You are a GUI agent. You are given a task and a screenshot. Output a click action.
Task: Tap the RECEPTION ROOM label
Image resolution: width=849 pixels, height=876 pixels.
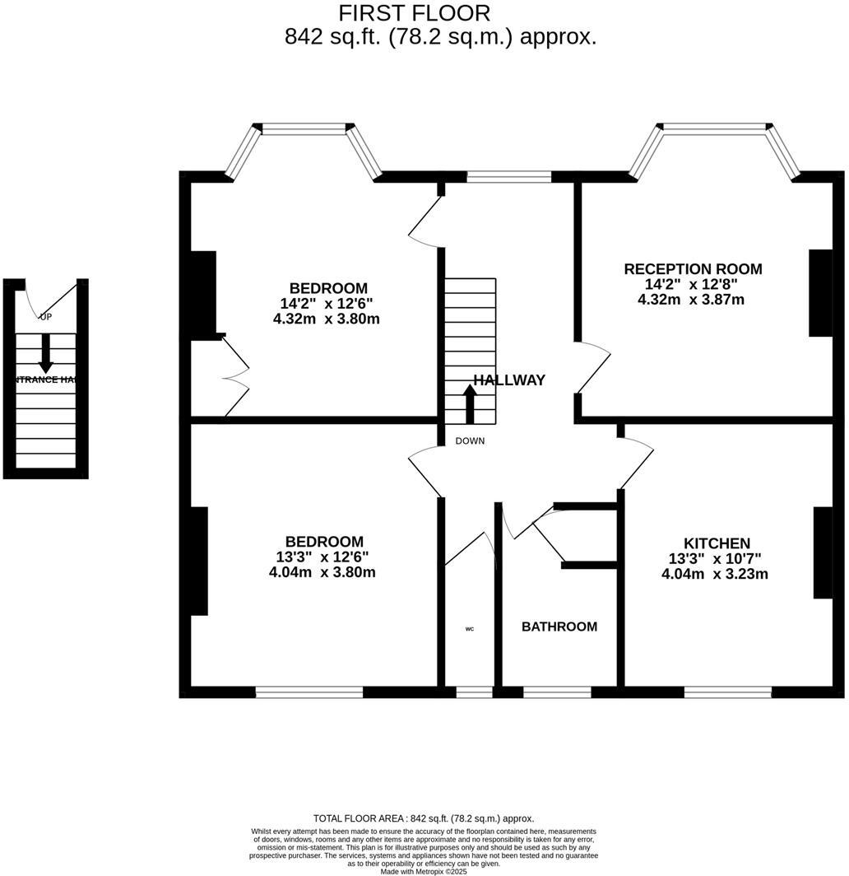pyautogui.click(x=693, y=269)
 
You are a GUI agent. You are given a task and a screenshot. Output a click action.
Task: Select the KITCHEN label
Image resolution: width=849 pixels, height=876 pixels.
pyautogui.click(x=717, y=543)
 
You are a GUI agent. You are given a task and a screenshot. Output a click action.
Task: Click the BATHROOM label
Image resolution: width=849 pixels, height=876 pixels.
pyautogui.click(x=559, y=627)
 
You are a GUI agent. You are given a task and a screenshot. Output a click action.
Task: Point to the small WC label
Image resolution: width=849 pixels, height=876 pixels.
pyautogui.click(x=470, y=629)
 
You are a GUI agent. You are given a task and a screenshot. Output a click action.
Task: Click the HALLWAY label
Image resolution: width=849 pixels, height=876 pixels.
pyautogui.click(x=509, y=380)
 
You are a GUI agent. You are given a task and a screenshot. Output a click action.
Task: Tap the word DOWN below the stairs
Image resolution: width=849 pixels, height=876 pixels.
pyautogui.click(x=470, y=441)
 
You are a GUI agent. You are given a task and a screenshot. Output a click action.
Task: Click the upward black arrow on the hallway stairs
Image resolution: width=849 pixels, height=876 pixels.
pyautogui.click(x=470, y=403)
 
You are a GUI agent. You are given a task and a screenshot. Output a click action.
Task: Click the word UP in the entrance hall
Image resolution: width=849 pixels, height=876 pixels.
pyautogui.click(x=45, y=317)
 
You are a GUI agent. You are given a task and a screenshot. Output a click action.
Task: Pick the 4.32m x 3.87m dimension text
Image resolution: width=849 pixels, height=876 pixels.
pyautogui.click(x=691, y=300)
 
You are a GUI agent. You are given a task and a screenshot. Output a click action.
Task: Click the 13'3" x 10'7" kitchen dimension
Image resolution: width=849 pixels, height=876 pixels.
pyautogui.click(x=715, y=559)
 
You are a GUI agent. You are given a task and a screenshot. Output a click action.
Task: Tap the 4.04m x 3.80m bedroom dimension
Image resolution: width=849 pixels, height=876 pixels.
pyautogui.click(x=322, y=572)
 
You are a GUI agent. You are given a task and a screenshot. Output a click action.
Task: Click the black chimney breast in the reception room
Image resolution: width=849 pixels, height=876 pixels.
pyautogui.click(x=819, y=292)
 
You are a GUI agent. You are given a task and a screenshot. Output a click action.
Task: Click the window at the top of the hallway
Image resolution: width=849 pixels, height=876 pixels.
pyautogui.click(x=508, y=176)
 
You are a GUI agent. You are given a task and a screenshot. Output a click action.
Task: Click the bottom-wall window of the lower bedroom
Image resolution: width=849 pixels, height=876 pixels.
pyautogui.click(x=309, y=692)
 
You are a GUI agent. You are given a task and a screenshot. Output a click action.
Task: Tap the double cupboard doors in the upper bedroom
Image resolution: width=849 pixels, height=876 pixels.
pyautogui.click(x=235, y=375)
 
